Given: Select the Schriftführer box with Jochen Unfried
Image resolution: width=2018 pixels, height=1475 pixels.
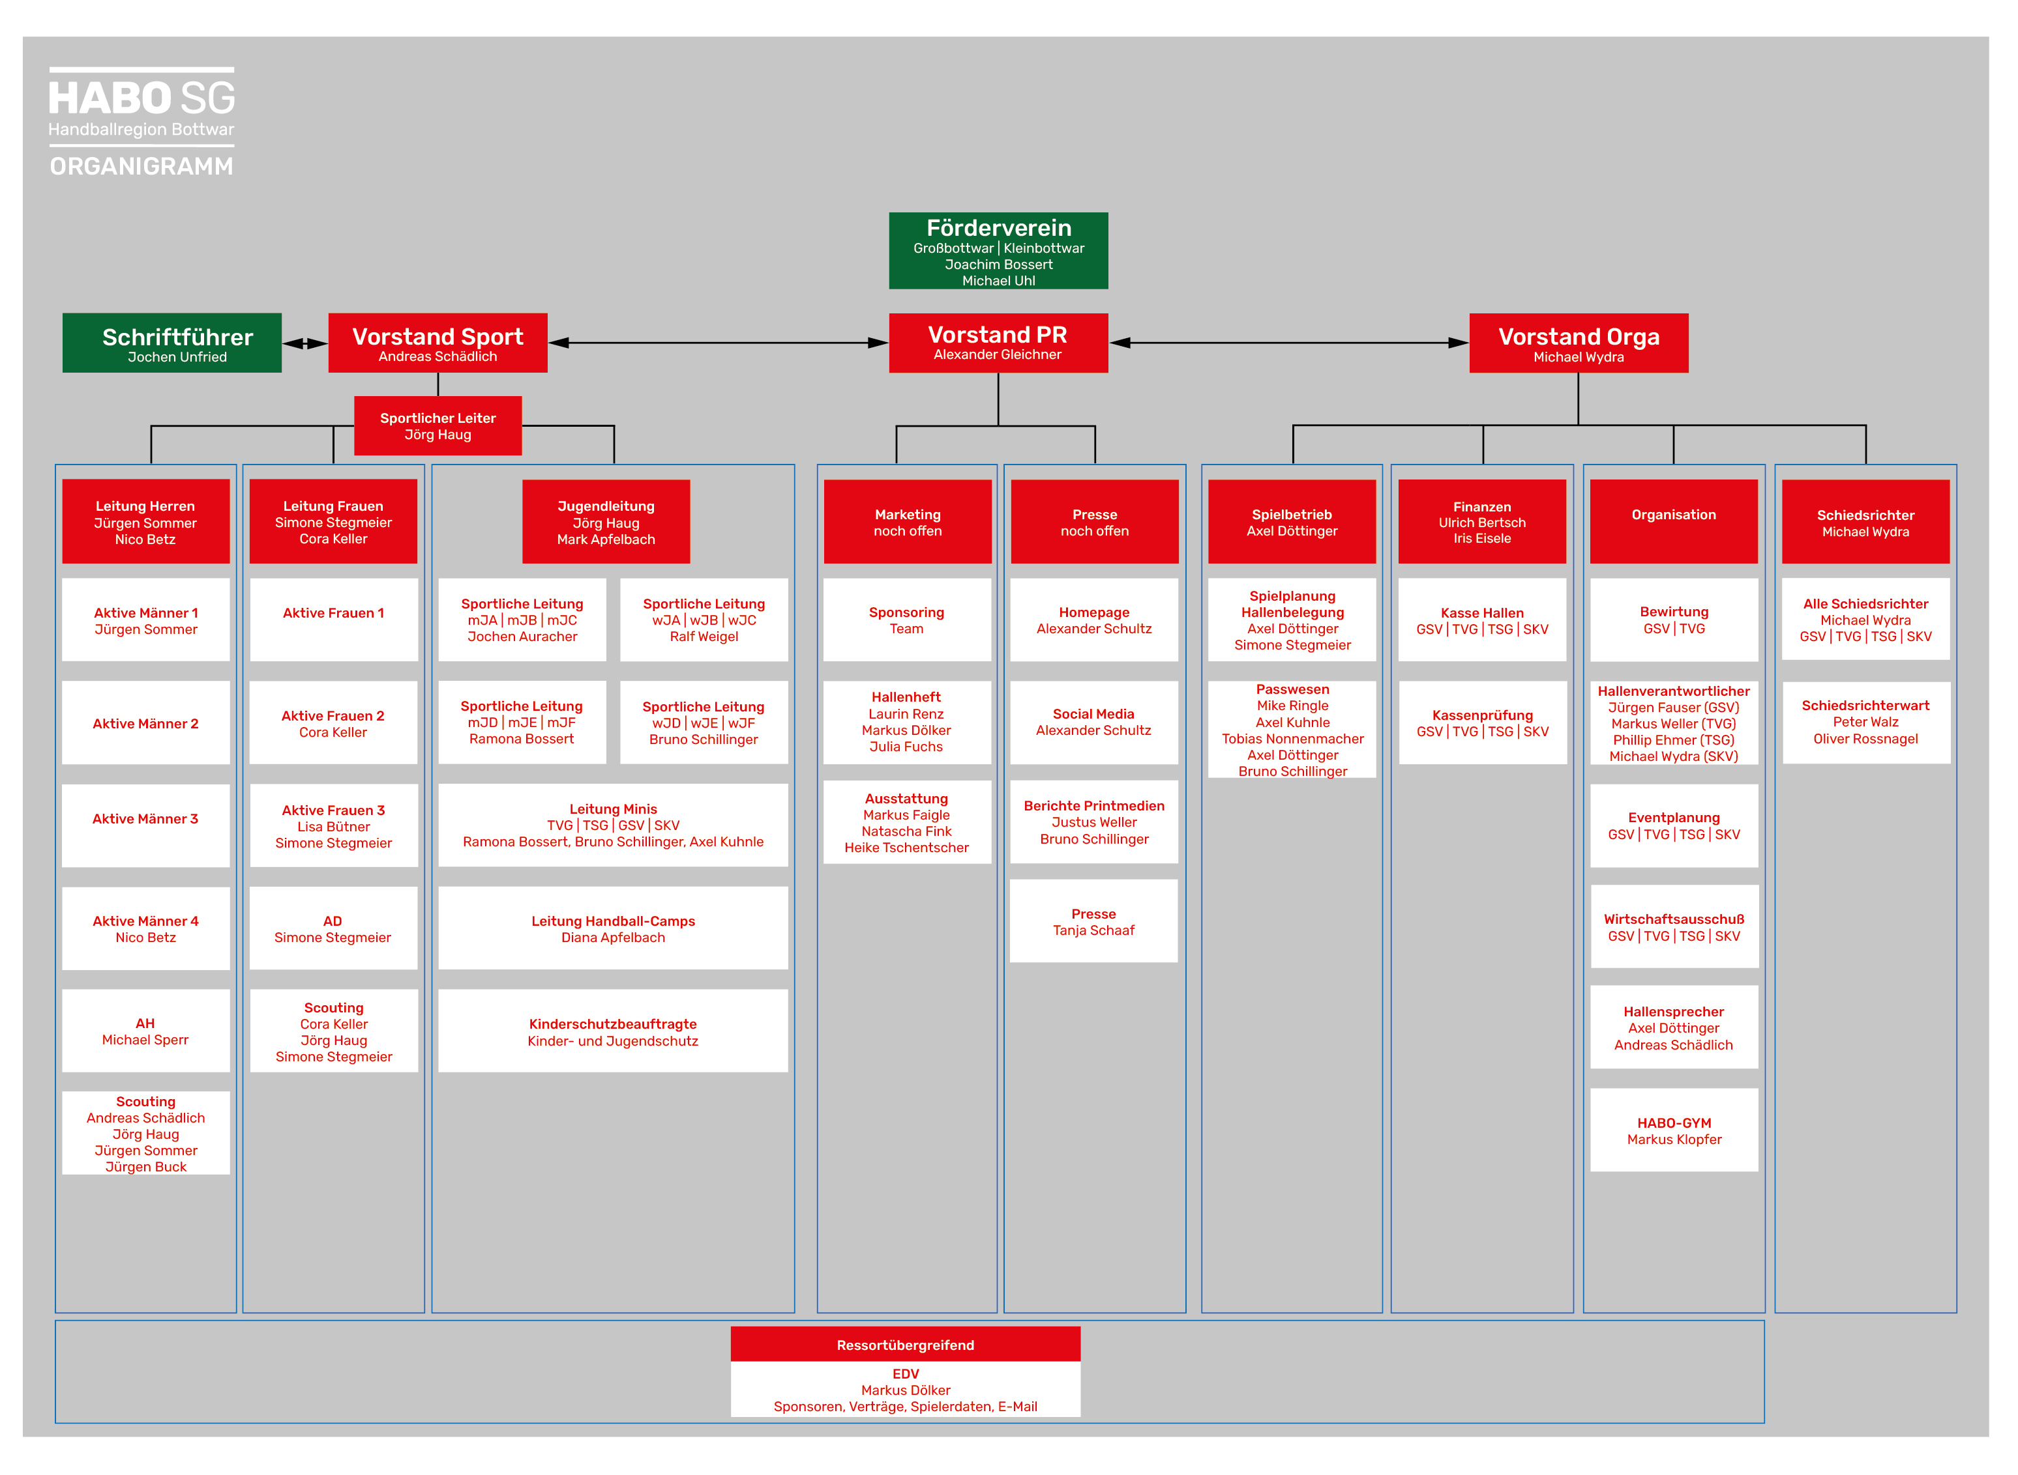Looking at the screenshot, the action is (171, 343).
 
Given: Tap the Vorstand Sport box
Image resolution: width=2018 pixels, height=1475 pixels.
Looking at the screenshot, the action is (438, 343).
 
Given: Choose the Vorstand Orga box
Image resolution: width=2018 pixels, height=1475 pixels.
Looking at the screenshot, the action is (1579, 343).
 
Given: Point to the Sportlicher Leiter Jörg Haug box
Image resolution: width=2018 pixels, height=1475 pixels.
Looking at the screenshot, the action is (438, 426).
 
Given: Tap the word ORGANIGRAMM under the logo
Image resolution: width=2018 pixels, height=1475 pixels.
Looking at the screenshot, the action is (141, 166).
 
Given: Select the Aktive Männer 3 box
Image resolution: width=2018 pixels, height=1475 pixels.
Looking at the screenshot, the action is (145, 825).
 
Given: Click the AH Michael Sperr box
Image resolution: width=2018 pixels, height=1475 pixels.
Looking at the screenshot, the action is (145, 1031).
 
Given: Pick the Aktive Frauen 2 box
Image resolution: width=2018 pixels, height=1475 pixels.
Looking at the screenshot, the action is (333, 723).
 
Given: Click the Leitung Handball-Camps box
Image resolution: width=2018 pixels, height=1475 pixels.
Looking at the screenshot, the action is (613, 928).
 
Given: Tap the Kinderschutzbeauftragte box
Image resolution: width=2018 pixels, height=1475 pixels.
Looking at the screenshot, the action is (613, 1031).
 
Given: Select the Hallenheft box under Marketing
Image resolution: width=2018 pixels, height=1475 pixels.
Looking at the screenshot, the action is (907, 723).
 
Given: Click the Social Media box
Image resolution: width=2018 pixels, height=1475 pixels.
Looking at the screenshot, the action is (1093, 723).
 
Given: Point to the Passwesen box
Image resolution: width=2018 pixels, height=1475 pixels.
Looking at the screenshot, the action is (1292, 730).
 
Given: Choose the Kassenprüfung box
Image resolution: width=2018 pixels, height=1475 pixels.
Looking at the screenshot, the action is (1482, 723).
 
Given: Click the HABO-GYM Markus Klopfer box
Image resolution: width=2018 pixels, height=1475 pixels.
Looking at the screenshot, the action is (1674, 1130).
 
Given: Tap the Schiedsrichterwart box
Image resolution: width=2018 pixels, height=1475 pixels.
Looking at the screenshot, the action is (1866, 723).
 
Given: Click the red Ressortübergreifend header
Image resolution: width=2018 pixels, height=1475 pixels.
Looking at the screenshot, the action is (905, 1344).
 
